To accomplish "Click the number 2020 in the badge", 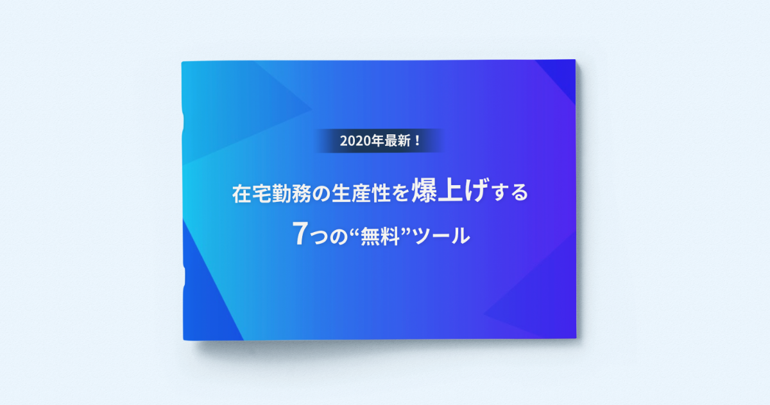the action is click(355, 141).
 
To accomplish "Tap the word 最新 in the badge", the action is click(397, 141).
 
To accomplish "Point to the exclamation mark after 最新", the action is click(418, 141).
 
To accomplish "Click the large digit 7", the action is click(300, 233).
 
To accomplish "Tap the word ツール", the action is click(441, 236).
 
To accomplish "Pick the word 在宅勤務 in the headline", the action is click(271, 194).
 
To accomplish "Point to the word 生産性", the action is click(361, 194).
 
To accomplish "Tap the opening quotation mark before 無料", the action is click(354, 231).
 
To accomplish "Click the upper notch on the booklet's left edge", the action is click(183, 122).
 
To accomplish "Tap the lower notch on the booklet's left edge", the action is click(184, 276).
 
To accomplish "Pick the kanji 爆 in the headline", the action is click(425, 190).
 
